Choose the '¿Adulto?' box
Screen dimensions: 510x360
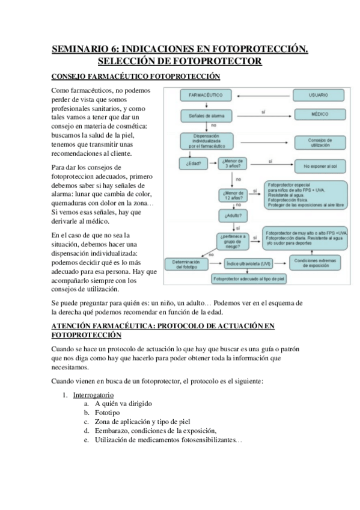234,215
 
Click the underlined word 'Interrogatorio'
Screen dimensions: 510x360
93,395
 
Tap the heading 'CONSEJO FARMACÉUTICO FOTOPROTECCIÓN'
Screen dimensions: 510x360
136,76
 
